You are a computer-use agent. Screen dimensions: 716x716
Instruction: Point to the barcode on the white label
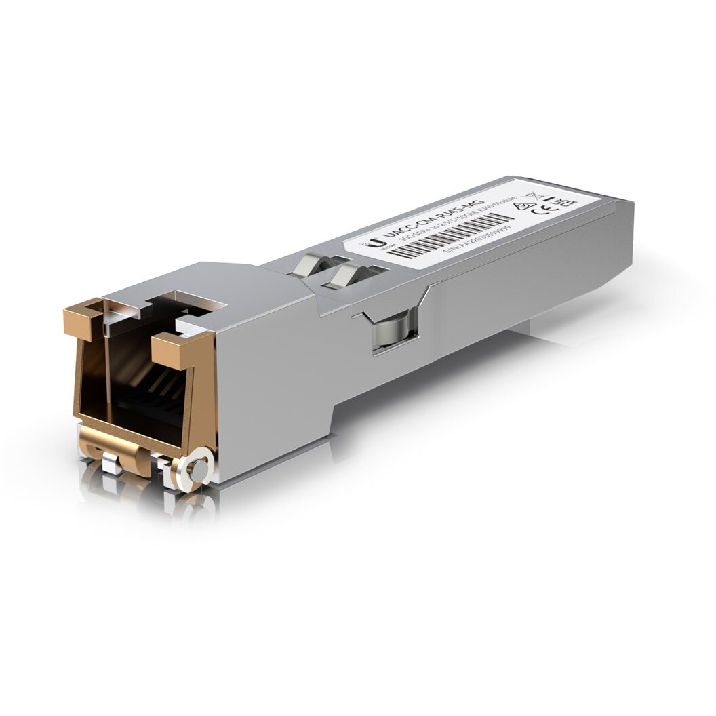click(x=451, y=235)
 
